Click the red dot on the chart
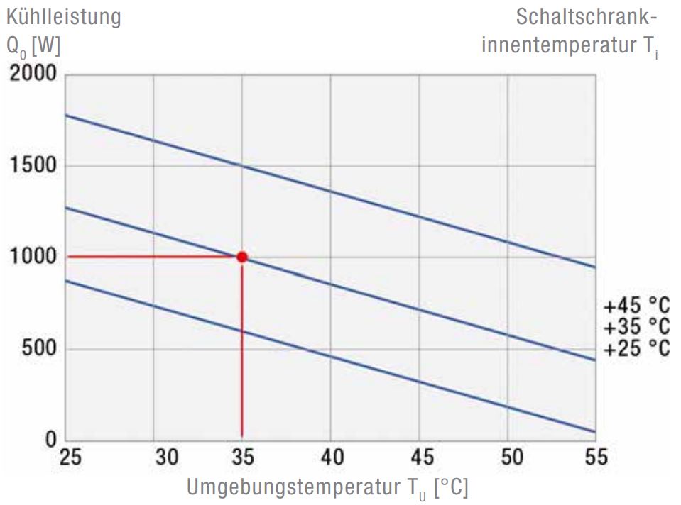pos(242,257)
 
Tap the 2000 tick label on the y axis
pos(32,74)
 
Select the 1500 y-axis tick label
pos(33,165)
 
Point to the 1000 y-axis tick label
pos(33,257)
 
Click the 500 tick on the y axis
pos(38,348)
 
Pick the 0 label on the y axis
pos(51,440)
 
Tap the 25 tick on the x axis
pos(71,457)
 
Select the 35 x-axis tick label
pos(242,457)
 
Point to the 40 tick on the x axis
pos(331,457)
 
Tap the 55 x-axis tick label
pos(595,457)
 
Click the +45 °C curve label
pos(636,307)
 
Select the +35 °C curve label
pos(636,328)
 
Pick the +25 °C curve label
pos(636,348)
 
